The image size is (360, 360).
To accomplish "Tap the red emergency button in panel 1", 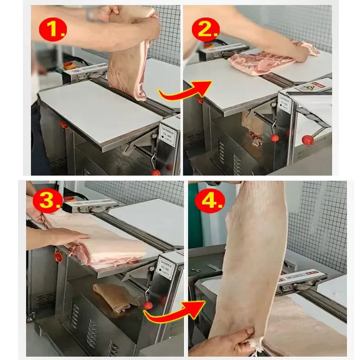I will pyautogui.click(x=68, y=64).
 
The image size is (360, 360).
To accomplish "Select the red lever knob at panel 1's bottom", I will pyautogui.click(x=156, y=172).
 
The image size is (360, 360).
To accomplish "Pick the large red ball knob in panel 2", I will pyautogui.click(x=307, y=140).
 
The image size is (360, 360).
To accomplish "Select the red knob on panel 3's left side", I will pyautogui.click(x=58, y=257).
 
